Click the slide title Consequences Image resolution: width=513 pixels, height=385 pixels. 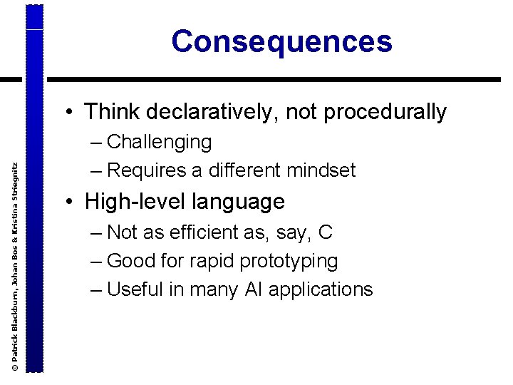281,41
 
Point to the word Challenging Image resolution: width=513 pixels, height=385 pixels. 159,143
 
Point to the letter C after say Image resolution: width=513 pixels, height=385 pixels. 326,232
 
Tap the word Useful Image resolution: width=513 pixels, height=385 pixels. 135,289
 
